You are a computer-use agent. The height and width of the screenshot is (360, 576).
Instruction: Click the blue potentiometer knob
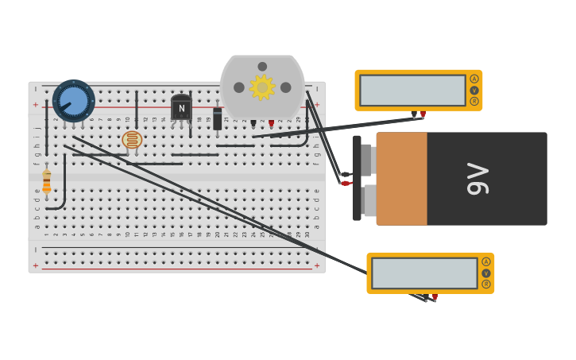(x=74, y=101)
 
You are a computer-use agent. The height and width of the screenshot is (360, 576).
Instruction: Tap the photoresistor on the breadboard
(x=132, y=140)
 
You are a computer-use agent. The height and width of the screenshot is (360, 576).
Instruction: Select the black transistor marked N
(x=181, y=108)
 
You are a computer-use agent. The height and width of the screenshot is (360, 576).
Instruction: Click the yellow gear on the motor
(x=262, y=87)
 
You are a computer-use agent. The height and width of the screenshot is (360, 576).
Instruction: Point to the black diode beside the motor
(x=218, y=119)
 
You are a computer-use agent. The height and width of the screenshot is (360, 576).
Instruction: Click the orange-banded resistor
(x=47, y=182)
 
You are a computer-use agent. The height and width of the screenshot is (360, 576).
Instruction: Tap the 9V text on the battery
(x=477, y=179)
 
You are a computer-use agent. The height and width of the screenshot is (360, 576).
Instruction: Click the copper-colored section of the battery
(x=401, y=179)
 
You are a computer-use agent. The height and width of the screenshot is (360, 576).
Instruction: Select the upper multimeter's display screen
(x=412, y=91)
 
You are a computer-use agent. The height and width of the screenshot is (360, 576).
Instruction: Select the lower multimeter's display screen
(x=424, y=273)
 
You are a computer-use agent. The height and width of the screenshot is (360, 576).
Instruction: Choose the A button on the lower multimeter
(x=486, y=261)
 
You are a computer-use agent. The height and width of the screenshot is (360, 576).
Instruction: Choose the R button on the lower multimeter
(x=486, y=284)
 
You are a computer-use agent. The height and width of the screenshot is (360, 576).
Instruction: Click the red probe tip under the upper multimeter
(x=423, y=114)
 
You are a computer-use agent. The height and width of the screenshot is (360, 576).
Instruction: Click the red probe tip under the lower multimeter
(x=435, y=297)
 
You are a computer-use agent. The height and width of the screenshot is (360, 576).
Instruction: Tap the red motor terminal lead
(x=271, y=123)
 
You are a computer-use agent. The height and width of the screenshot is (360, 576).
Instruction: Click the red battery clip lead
(x=346, y=184)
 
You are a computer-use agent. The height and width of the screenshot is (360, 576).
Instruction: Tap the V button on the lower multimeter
(x=486, y=273)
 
